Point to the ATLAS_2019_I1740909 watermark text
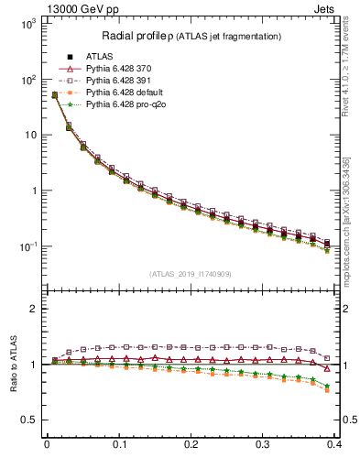coord(191,274)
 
